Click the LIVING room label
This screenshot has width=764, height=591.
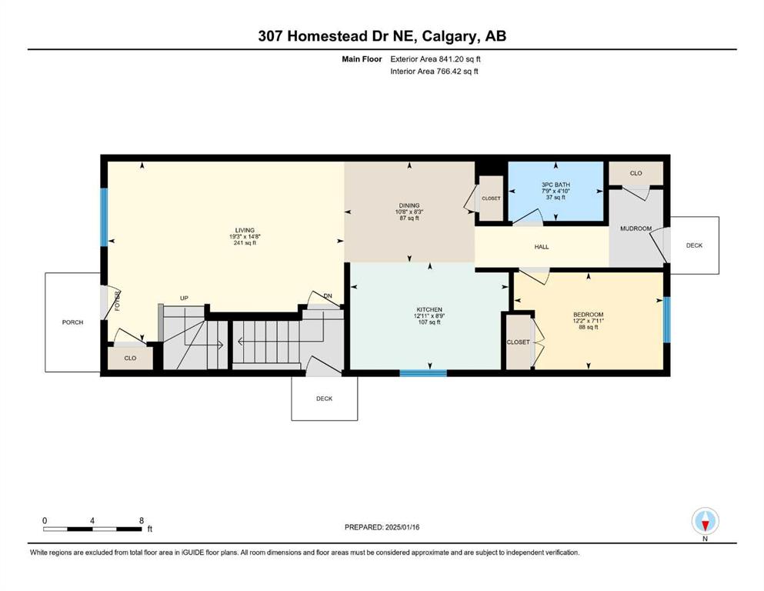[245, 230]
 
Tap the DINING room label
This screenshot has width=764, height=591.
[409, 205]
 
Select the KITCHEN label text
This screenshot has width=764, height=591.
[429, 310]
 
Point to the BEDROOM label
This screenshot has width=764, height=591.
[588, 315]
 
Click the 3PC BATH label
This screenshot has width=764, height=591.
[555, 185]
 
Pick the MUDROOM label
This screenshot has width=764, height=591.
[636, 229]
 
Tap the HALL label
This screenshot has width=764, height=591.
[542, 247]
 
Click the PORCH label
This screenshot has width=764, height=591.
[72, 322]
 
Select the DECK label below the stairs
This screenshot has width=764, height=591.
[324, 399]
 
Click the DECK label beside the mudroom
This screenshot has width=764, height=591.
[694, 245]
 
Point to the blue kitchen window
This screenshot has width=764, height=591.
[423, 373]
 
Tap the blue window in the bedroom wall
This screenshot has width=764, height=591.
[666, 319]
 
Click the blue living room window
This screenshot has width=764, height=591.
[104, 217]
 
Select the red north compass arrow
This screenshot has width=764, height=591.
[705, 526]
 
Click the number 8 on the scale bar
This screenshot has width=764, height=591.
[142, 521]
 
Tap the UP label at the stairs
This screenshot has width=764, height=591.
[184, 298]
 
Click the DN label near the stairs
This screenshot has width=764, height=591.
[328, 296]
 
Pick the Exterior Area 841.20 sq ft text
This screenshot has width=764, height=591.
[435, 59]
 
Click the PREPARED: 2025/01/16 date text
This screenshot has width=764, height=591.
[382, 527]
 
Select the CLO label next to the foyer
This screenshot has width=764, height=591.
[130, 358]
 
